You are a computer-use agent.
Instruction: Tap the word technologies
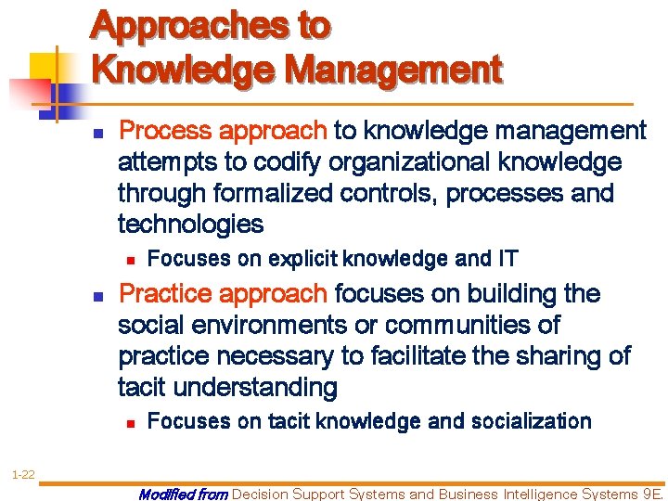(x=190, y=225)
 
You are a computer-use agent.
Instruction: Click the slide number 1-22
(x=23, y=475)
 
